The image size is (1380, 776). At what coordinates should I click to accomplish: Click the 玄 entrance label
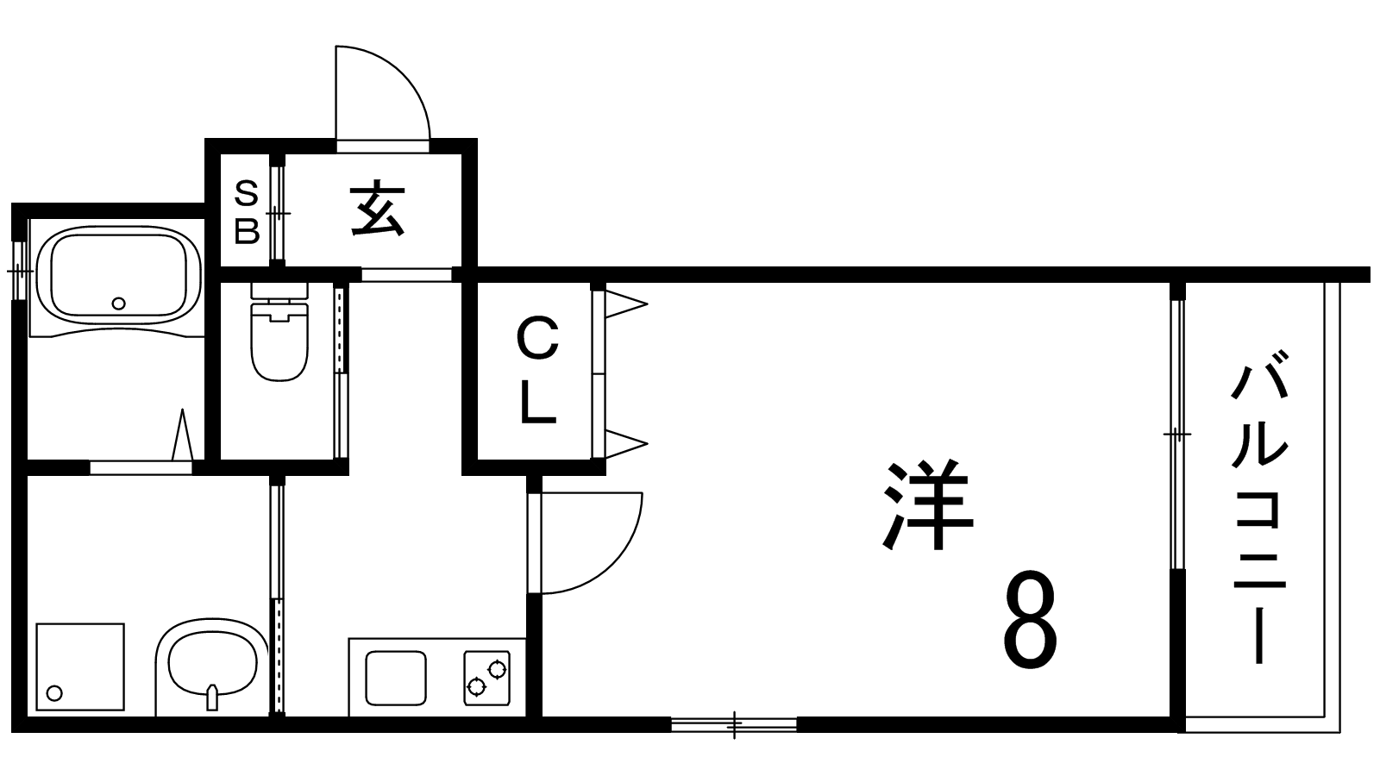(x=378, y=210)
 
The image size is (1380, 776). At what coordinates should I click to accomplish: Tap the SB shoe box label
(x=247, y=213)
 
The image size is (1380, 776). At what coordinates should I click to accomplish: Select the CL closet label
(x=538, y=370)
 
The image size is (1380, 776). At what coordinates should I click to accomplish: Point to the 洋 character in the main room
(x=928, y=504)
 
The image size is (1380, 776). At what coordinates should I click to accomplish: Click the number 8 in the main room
(x=1030, y=620)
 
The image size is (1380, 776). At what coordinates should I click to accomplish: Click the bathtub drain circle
(x=119, y=303)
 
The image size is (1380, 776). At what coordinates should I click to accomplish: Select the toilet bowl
(x=279, y=341)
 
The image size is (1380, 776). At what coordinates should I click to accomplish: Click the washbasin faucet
(x=212, y=698)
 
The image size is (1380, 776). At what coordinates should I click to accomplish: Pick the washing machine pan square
(x=80, y=667)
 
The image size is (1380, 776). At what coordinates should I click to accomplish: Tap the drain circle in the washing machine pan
(x=55, y=693)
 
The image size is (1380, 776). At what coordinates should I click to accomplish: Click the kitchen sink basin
(x=396, y=678)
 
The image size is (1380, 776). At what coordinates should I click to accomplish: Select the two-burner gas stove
(x=486, y=678)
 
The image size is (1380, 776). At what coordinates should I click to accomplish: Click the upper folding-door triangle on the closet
(x=626, y=304)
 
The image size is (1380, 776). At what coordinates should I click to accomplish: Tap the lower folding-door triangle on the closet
(x=626, y=443)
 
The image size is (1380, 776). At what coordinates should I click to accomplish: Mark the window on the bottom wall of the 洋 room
(x=734, y=724)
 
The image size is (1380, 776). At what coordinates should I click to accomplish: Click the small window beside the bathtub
(x=20, y=271)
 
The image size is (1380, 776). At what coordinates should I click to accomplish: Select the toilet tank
(x=279, y=292)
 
